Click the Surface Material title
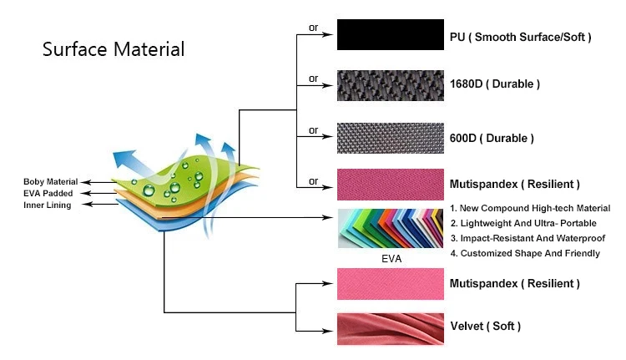pyautogui.click(x=114, y=49)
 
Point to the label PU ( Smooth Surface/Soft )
pyautogui.click(x=520, y=37)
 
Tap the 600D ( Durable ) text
pyautogui.click(x=492, y=138)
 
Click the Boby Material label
pyautogui.click(x=50, y=181)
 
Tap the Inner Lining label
pyautogui.click(x=48, y=205)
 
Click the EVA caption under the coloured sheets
pyautogui.click(x=391, y=259)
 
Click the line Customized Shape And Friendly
pyautogui.click(x=525, y=253)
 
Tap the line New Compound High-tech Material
pyautogui.click(x=531, y=208)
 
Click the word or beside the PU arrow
pyautogui.click(x=314, y=28)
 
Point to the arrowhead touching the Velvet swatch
pyautogui.click(x=331, y=327)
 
